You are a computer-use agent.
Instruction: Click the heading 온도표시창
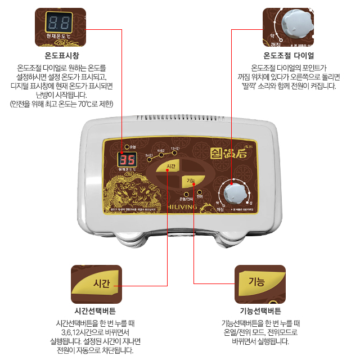[62, 56]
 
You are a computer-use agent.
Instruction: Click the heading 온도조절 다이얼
[289, 56]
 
